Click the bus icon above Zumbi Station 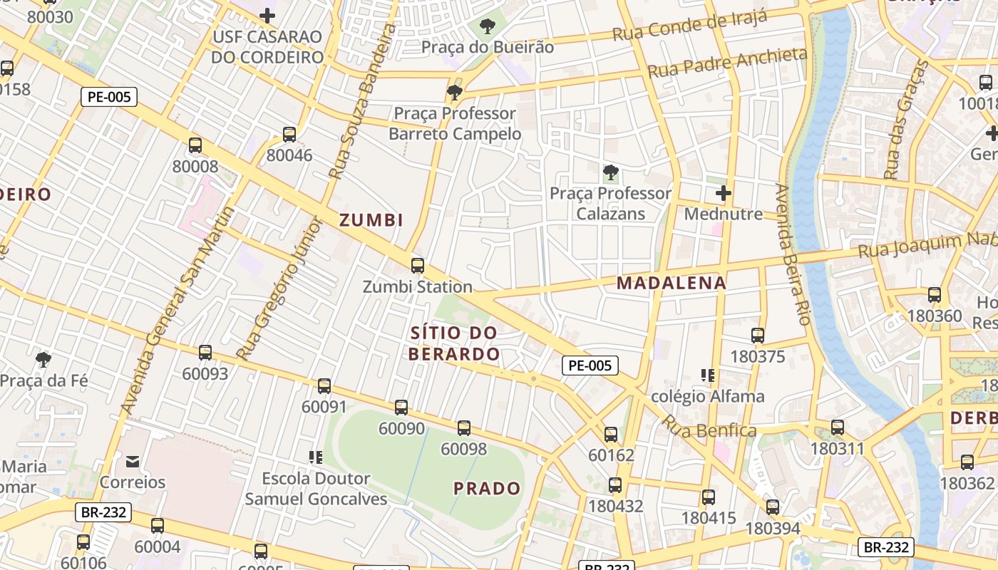[x=418, y=266]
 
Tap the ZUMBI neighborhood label [x=371, y=220]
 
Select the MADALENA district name [x=672, y=283]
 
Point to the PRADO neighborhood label [x=488, y=489]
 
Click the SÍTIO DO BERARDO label [x=454, y=343]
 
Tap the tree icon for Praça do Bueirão [x=488, y=27]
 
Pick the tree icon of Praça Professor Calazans [x=610, y=172]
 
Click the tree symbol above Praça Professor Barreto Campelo [x=454, y=92]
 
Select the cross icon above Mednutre [x=724, y=193]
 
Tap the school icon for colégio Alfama [x=708, y=375]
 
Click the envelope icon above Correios [x=133, y=461]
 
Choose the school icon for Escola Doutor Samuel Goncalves [x=316, y=457]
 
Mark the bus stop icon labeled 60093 [x=205, y=352]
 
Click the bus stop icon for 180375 [x=758, y=335]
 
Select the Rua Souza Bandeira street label [x=361, y=100]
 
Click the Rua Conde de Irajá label [x=689, y=26]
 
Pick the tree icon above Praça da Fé [x=43, y=359]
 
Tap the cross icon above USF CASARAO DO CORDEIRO [x=267, y=15]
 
